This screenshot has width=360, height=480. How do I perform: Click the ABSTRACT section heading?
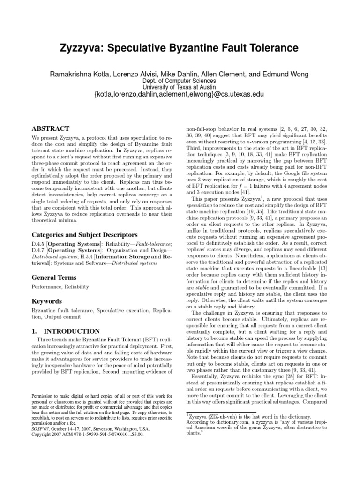(x=50, y=128)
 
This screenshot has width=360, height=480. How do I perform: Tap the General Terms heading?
(x=54, y=277)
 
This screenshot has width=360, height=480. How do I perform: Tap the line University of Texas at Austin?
(x=180, y=87)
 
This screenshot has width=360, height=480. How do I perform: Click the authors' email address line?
(x=180, y=94)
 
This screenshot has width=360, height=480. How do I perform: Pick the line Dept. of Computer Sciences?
(x=180, y=80)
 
